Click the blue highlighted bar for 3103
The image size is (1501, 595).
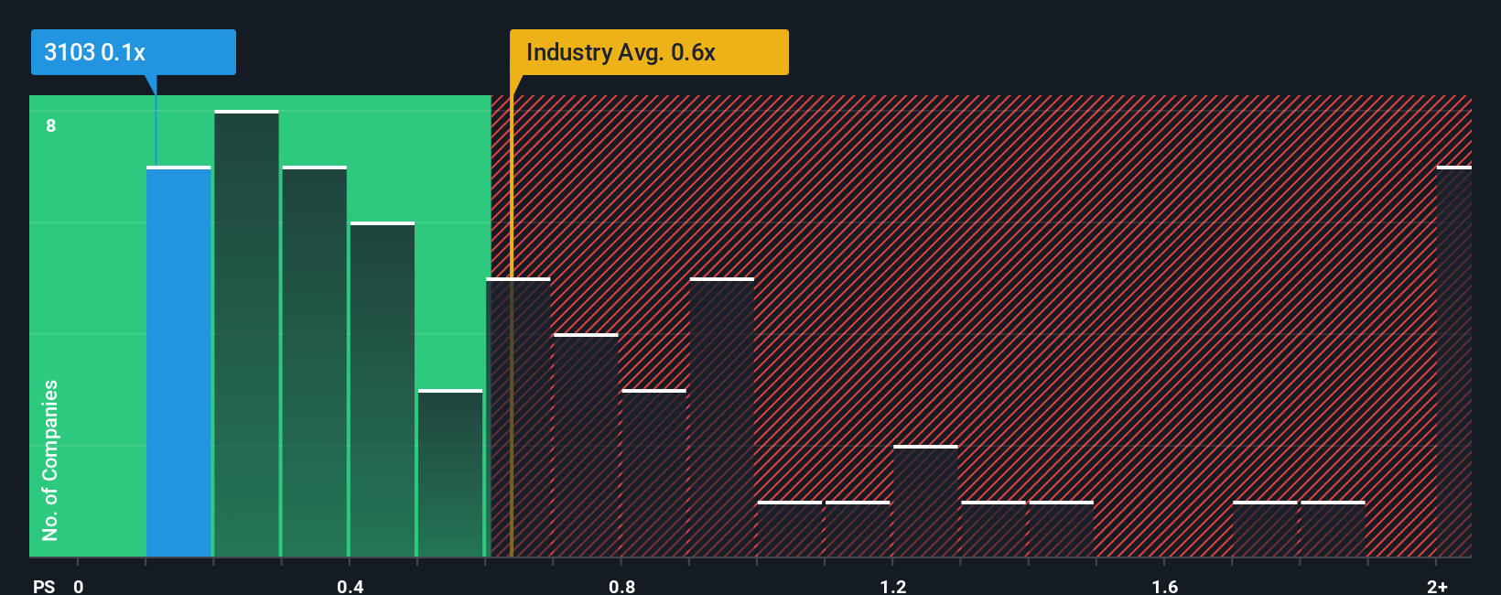[x=178, y=362]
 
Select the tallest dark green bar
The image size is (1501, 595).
[x=246, y=334]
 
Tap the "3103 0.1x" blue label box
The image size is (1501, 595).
[x=134, y=52]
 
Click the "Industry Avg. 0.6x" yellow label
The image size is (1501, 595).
[x=649, y=52]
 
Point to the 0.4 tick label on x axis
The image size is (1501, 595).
[x=350, y=586]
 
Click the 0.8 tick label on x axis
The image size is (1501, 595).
[x=621, y=586]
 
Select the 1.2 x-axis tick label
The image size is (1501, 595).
[x=893, y=586]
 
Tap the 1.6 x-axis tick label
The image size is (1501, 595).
[x=1164, y=586]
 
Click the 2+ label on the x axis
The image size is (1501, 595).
[x=1437, y=586]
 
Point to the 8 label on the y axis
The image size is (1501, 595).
[x=51, y=125]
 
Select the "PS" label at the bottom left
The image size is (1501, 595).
[x=44, y=586]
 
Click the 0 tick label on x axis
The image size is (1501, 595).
[x=79, y=586]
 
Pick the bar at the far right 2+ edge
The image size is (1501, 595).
[x=1453, y=362]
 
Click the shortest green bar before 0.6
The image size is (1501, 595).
[x=450, y=473]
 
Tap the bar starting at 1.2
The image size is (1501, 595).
[x=925, y=502]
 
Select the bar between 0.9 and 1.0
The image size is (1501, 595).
[x=722, y=417]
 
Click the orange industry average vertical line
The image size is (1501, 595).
[x=512, y=320]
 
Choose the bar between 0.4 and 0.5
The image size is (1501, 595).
[x=383, y=390]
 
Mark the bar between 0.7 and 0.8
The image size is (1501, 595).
[x=586, y=446]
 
